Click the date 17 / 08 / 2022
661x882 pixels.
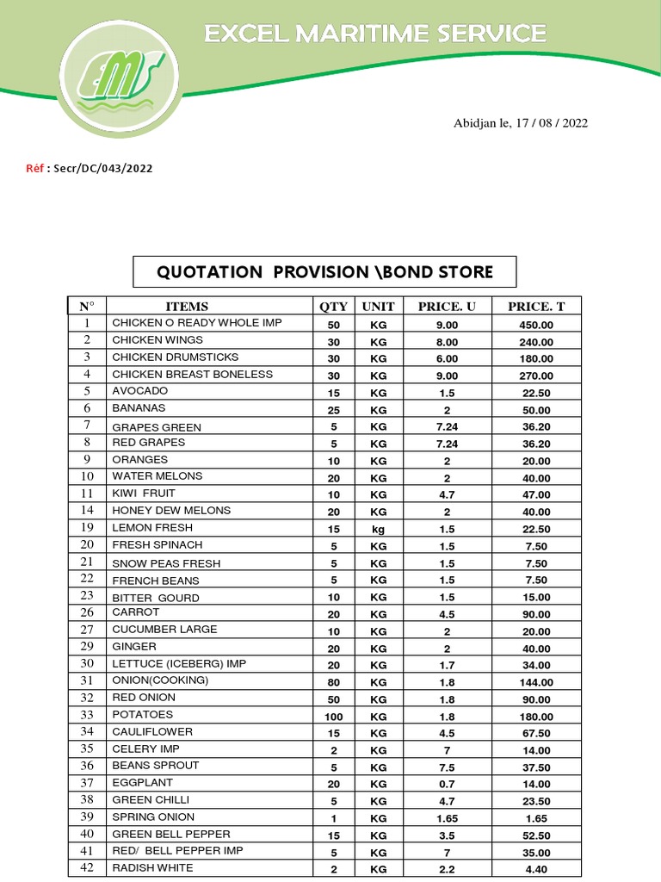point(552,123)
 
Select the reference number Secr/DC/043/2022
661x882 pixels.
point(102,169)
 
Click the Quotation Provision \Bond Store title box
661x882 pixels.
point(324,272)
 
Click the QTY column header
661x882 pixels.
point(334,307)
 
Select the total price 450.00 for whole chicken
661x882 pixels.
point(536,325)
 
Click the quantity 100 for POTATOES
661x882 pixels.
point(334,717)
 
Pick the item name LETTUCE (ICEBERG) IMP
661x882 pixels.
point(177,663)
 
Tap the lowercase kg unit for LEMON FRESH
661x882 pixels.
point(379,529)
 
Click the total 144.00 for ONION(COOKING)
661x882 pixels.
point(536,682)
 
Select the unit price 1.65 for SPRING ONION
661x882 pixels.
point(447,818)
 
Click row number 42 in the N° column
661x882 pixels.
point(87,868)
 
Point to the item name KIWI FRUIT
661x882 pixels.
point(144,494)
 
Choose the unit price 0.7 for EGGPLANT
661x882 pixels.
point(447,785)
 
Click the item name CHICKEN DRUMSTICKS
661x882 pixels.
point(176,357)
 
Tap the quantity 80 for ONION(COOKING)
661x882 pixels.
point(334,682)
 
